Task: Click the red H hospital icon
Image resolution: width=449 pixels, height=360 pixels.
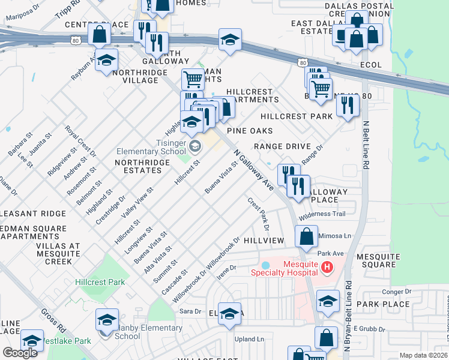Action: click(327, 266)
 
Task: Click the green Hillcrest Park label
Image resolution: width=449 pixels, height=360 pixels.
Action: click(100, 281)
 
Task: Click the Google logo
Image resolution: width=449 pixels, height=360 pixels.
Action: click(20, 353)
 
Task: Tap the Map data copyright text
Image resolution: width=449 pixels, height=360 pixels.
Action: click(424, 355)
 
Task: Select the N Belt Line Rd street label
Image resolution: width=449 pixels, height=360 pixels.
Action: click(365, 143)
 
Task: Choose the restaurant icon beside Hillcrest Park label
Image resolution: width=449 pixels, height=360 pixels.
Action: click(348, 104)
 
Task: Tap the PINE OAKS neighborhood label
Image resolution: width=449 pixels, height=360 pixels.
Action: click(250, 130)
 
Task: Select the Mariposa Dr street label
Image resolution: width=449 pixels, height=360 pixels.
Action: click(20, 12)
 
